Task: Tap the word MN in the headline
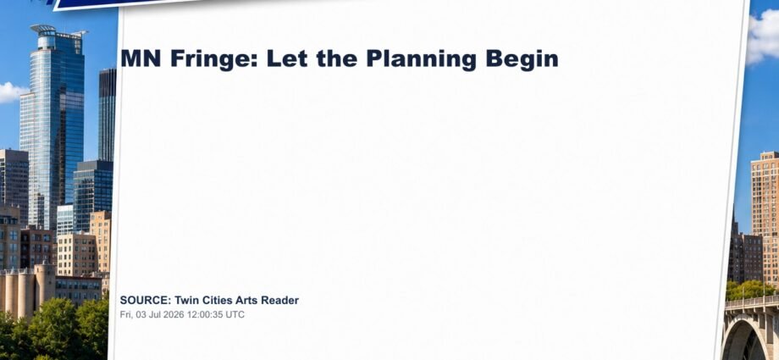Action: point(141,58)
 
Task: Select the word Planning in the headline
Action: point(422,59)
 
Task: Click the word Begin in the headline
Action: point(522,59)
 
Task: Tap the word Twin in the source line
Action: point(185,301)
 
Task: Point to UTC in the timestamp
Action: point(236,315)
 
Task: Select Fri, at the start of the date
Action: point(127,315)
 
